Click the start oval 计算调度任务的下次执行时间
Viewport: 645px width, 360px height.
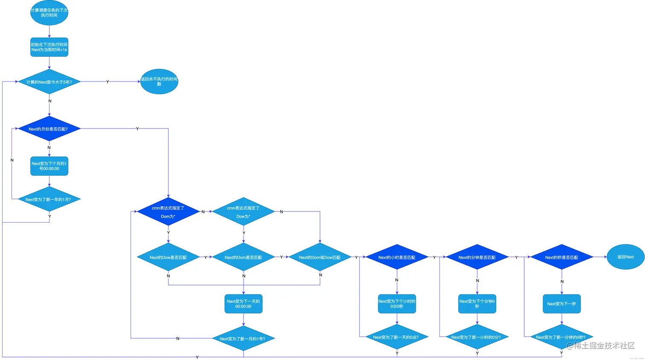49,13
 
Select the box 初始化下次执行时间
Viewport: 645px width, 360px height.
49,47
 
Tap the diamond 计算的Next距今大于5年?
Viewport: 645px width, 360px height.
49,82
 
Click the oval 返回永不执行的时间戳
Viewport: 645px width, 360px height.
159,81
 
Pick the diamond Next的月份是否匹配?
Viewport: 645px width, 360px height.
49,129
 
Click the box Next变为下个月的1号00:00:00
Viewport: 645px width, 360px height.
49,166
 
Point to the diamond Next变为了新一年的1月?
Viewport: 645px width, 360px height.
49,199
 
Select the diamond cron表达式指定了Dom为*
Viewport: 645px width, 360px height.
168,212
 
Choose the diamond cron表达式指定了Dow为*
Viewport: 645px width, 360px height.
244,212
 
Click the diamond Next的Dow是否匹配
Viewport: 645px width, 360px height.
168,257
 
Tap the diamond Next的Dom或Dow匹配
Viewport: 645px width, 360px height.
320,257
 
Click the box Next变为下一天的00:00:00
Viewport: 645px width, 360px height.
244,304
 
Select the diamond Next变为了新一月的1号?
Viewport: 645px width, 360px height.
244,339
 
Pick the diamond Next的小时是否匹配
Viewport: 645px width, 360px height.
397,257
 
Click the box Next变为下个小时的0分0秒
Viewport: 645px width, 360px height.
397,304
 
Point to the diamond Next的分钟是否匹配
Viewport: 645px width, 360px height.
477,257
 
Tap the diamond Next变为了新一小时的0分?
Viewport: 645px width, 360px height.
477,337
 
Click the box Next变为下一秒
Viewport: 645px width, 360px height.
561,304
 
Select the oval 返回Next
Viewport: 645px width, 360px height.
625,257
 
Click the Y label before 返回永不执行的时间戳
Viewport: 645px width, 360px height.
107,82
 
